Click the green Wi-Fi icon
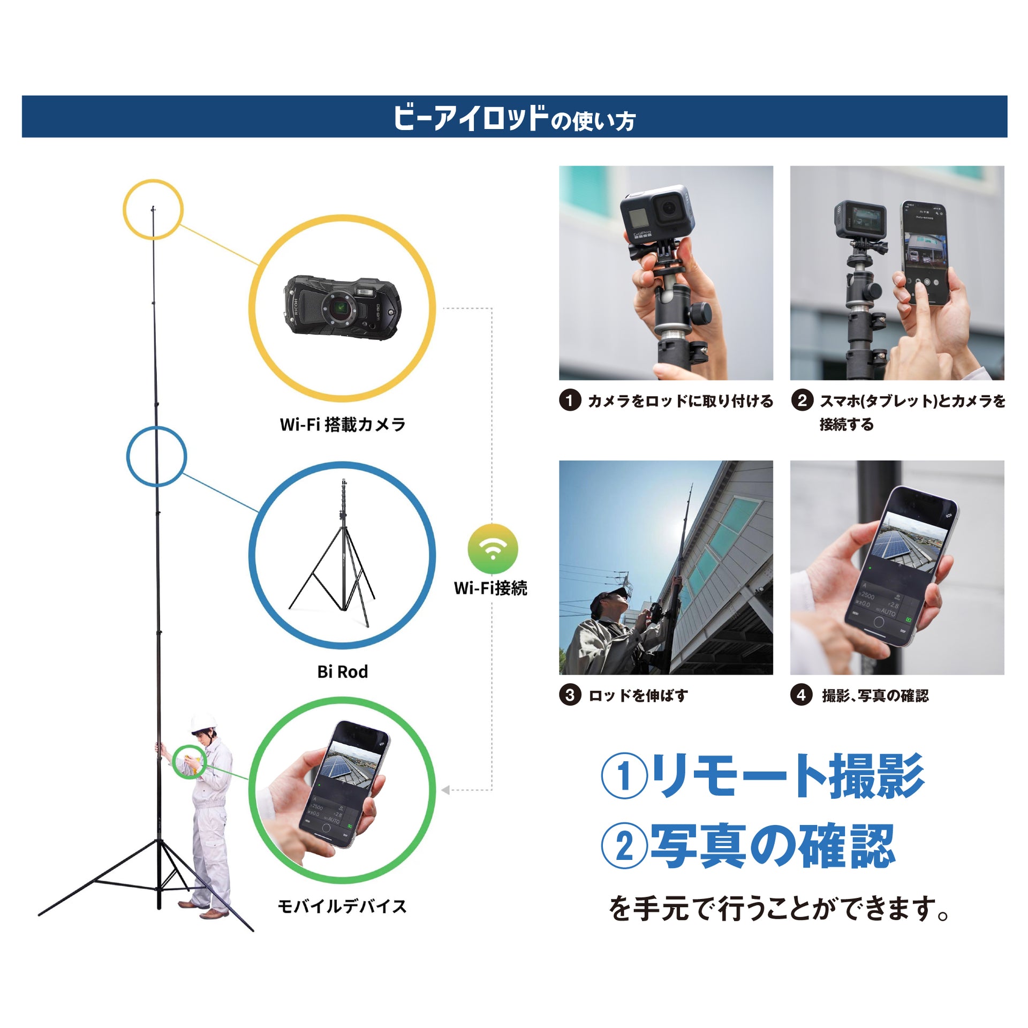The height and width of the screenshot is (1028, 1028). coord(493,549)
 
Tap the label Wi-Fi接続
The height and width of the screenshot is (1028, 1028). coord(490,588)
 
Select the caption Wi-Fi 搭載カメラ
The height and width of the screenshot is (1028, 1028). coord(343,425)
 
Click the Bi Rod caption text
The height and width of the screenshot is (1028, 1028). coord(343,671)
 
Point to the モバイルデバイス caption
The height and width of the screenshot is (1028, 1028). coord(343,906)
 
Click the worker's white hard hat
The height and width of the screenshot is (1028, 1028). coord(204,723)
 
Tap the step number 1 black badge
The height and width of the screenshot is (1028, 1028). coord(570,400)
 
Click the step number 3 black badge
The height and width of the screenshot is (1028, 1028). coord(570,695)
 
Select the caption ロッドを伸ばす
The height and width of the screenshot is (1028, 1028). coord(638,696)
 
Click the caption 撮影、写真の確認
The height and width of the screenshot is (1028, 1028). coord(875,696)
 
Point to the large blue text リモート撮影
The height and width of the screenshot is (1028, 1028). coord(788,775)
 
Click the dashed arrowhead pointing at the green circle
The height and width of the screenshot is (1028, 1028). coord(445,790)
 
